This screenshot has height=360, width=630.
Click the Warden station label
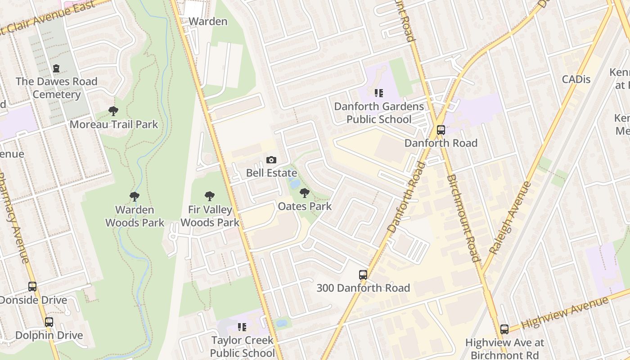pos(208,21)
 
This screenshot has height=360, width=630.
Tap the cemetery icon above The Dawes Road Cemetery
pos(56,68)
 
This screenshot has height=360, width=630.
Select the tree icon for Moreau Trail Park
pos(113,111)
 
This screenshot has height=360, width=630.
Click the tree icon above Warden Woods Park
pos(135,196)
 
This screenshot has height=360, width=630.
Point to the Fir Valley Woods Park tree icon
pos(210,196)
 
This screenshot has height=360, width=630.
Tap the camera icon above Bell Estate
pos(271,160)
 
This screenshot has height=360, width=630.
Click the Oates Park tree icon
pos(305,193)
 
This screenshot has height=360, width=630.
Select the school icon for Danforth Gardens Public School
pos(379,93)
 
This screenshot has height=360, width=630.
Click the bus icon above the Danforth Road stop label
pos(441,130)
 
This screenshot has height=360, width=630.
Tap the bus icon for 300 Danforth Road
pos(363,274)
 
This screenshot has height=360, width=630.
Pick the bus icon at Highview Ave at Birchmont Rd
pos(504,329)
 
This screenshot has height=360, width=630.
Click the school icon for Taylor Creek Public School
pos(242,327)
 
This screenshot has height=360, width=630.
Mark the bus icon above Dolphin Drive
pos(49,322)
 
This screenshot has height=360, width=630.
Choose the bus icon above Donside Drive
pos(32,287)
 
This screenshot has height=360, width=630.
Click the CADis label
pos(576,79)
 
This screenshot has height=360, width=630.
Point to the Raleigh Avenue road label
pos(510,218)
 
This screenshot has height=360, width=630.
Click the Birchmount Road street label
pos(463,218)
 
